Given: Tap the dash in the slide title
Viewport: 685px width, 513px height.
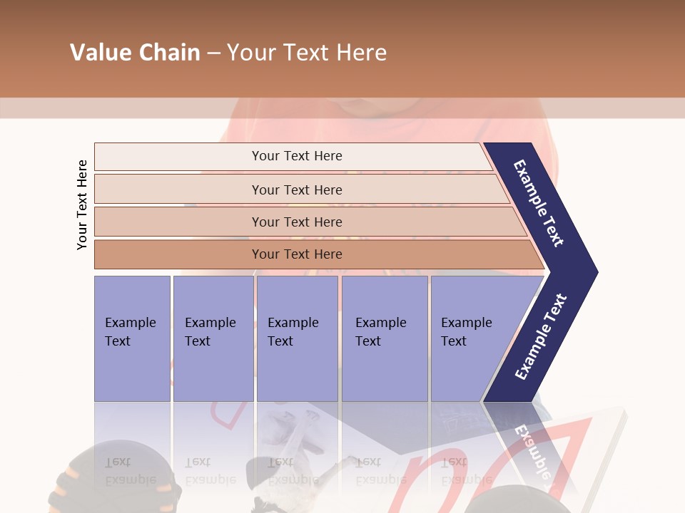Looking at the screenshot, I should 213,53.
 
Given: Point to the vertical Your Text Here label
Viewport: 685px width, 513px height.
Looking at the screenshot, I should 82,204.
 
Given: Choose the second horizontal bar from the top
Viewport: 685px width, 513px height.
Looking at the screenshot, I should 296,190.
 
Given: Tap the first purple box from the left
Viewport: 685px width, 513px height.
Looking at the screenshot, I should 132,338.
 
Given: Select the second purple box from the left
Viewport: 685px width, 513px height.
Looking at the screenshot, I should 213,338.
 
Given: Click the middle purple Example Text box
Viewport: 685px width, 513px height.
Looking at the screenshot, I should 297,338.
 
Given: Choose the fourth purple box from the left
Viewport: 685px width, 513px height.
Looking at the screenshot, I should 385,338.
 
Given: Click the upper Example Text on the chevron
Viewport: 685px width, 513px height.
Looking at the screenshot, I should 539,204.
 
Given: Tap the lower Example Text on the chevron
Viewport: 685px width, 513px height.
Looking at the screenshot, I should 541,336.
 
